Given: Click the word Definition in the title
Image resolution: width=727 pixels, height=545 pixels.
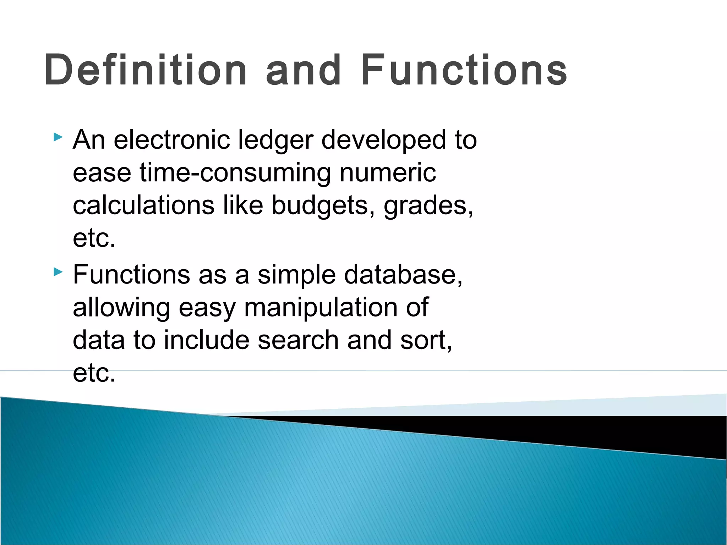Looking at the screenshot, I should (x=146, y=70).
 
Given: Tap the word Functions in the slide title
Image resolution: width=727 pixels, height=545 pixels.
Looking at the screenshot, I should (x=464, y=70).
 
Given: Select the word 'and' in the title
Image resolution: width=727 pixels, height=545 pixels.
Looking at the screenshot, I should (x=304, y=70).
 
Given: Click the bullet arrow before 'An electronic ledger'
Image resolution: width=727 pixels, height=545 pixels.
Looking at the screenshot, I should (x=58, y=137).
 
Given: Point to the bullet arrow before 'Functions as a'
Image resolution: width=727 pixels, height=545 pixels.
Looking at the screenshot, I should (x=58, y=272).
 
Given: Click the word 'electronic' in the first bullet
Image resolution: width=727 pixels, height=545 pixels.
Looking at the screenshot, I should (x=172, y=140).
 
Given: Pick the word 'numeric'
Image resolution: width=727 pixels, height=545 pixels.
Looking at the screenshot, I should (x=388, y=173).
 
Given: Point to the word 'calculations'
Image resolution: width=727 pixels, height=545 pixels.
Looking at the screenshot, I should (x=143, y=205).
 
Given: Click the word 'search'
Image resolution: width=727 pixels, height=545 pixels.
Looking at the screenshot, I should (x=298, y=340).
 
